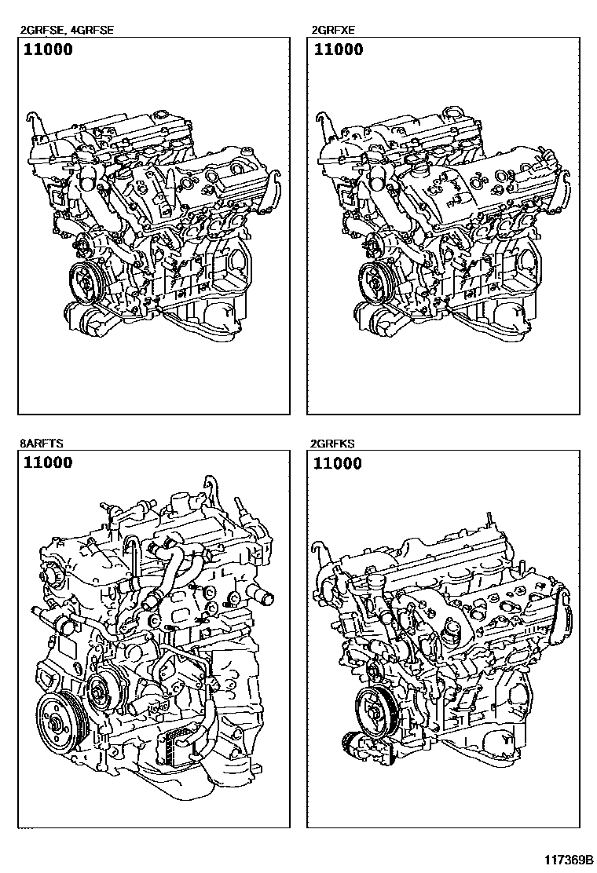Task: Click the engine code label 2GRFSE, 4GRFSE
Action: click(67, 31)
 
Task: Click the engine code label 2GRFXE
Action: click(334, 31)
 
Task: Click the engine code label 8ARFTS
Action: click(42, 444)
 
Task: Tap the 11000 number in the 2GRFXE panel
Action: click(339, 49)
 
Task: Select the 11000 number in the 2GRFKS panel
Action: click(339, 463)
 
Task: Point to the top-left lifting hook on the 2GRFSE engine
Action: click(31, 120)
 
